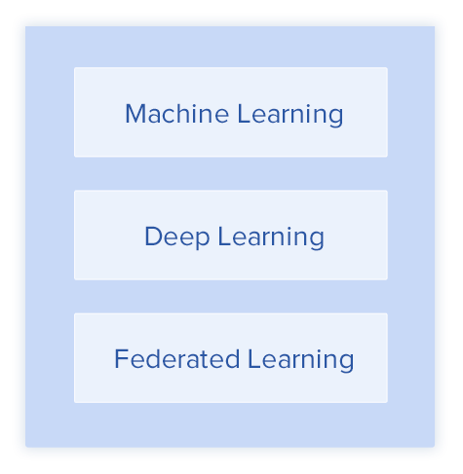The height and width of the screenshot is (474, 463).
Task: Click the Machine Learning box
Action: tap(231, 112)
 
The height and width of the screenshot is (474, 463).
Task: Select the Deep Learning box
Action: tap(231, 236)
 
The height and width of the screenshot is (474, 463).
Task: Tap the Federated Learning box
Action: tap(231, 358)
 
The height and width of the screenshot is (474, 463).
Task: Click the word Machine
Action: tap(177, 114)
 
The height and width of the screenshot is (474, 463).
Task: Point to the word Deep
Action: tap(177, 237)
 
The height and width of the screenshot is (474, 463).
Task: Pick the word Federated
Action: tap(177, 359)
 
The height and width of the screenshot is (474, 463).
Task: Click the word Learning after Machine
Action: tap(290, 116)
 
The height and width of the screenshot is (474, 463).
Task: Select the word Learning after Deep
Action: tap(271, 238)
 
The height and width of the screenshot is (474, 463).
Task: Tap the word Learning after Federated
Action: tap(301, 361)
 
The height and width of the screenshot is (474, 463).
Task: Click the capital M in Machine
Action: tap(135, 114)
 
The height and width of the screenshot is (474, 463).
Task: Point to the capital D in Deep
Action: tap(154, 237)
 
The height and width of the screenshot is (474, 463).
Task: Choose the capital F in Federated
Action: tap(122, 359)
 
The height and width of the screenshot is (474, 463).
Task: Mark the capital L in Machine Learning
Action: tap(244, 114)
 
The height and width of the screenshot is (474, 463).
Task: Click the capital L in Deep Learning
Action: tap(224, 237)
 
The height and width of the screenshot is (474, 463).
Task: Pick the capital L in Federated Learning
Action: tap(254, 359)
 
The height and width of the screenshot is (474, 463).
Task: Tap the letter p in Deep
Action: tap(202, 241)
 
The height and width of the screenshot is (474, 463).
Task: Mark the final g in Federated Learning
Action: tap(346, 365)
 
